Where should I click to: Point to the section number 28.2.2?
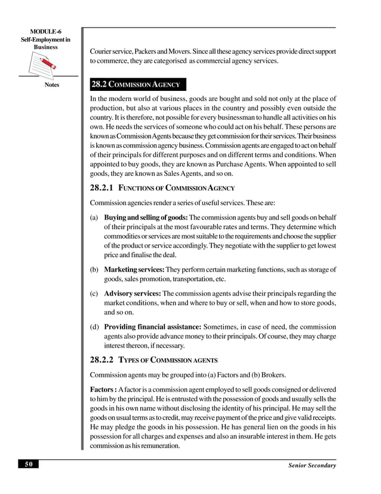102,360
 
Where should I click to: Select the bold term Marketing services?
134,270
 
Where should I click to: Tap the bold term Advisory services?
133,294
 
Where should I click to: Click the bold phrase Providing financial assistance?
153,327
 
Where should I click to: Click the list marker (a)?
94,217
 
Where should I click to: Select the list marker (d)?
94,327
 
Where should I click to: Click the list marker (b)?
94,270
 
